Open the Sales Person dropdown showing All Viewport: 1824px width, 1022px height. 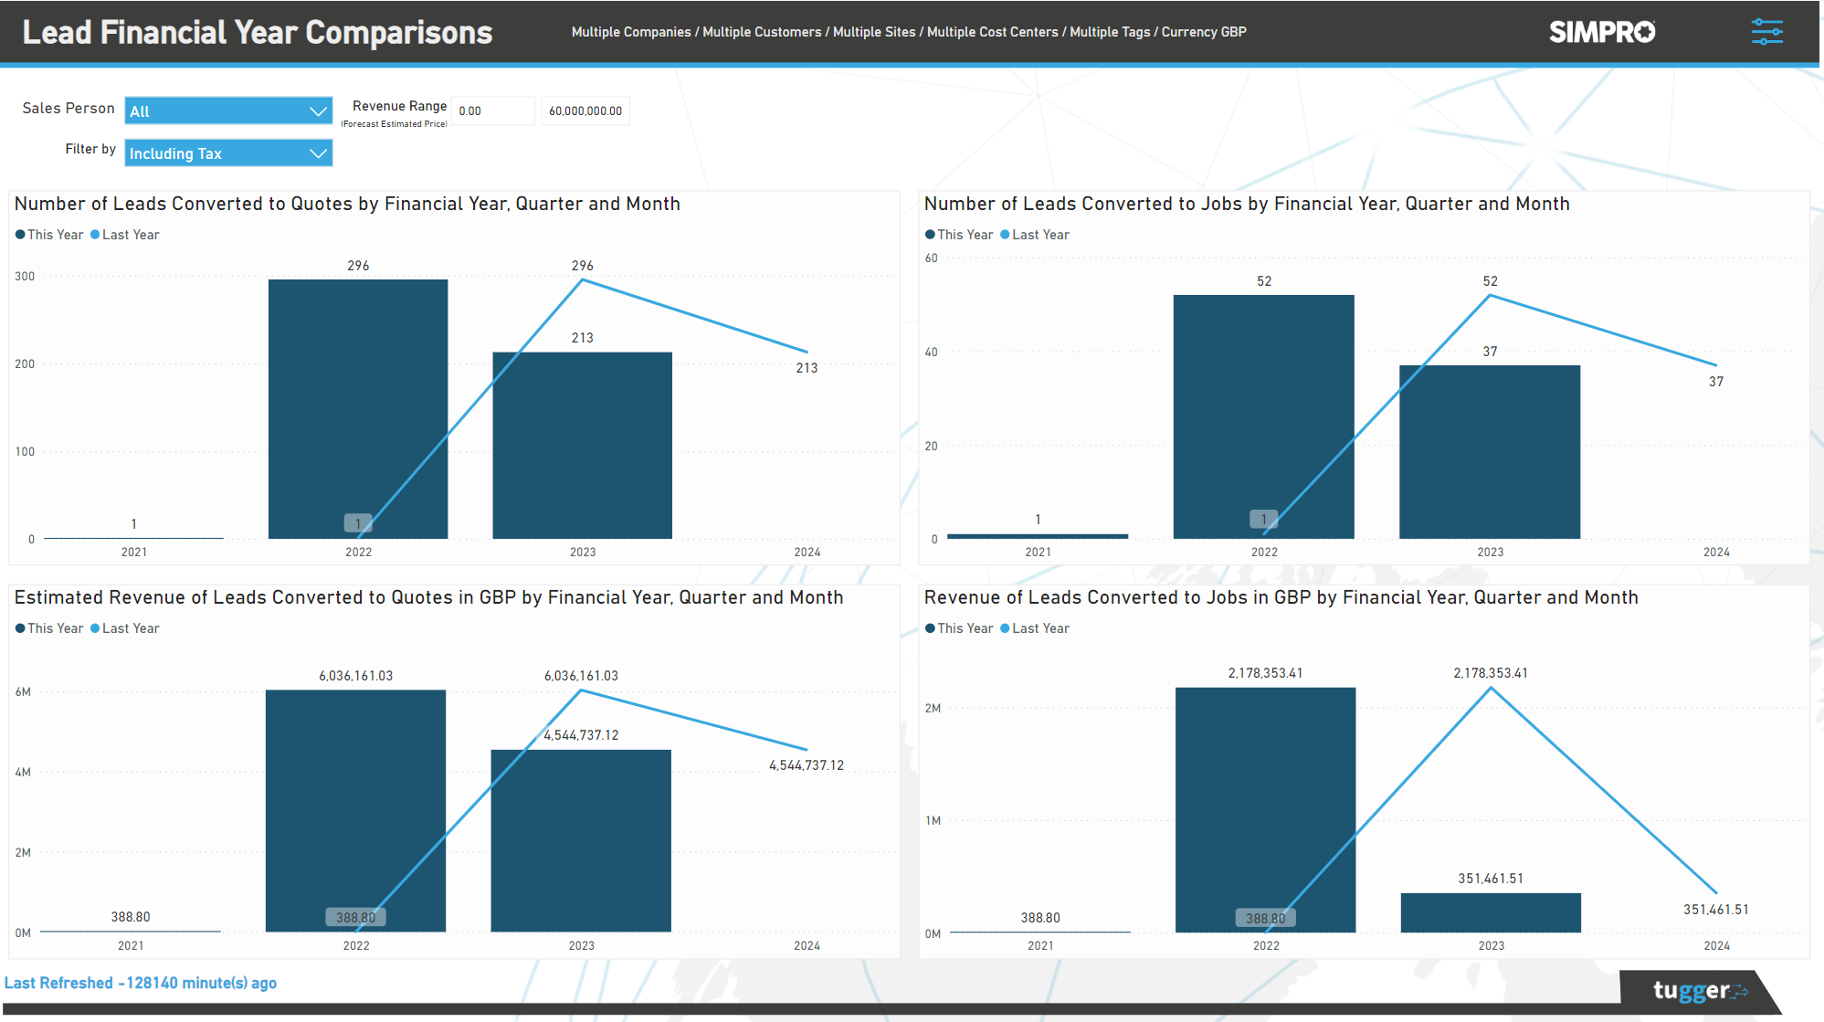pos(227,111)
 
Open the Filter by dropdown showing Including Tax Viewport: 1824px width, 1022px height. pos(227,153)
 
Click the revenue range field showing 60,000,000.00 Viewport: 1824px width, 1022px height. pos(585,111)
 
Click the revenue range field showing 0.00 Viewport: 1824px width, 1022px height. pos(491,111)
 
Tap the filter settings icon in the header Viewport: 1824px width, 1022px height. pos(1766,32)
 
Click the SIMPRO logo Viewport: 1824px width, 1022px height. pos(1601,32)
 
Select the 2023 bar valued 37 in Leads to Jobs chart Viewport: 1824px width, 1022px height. pos(1489,452)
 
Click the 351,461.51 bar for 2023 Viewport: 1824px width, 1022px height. pos(1490,912)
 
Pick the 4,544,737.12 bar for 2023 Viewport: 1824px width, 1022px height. pos(581,840)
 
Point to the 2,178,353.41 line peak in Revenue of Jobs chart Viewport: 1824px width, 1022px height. pos(1491,689)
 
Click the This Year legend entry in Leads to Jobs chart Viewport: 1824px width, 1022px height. pos(959,235)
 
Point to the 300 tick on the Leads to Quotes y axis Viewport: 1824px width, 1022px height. pos(26,277)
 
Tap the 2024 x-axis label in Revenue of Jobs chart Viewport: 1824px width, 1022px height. pos(1716,945)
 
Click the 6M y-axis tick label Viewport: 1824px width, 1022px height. pos(23,692)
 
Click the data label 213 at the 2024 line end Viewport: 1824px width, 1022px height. pos(807,368)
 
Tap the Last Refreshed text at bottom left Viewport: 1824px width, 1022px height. pos(141,983)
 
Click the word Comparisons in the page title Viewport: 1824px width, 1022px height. pos(398,33)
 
